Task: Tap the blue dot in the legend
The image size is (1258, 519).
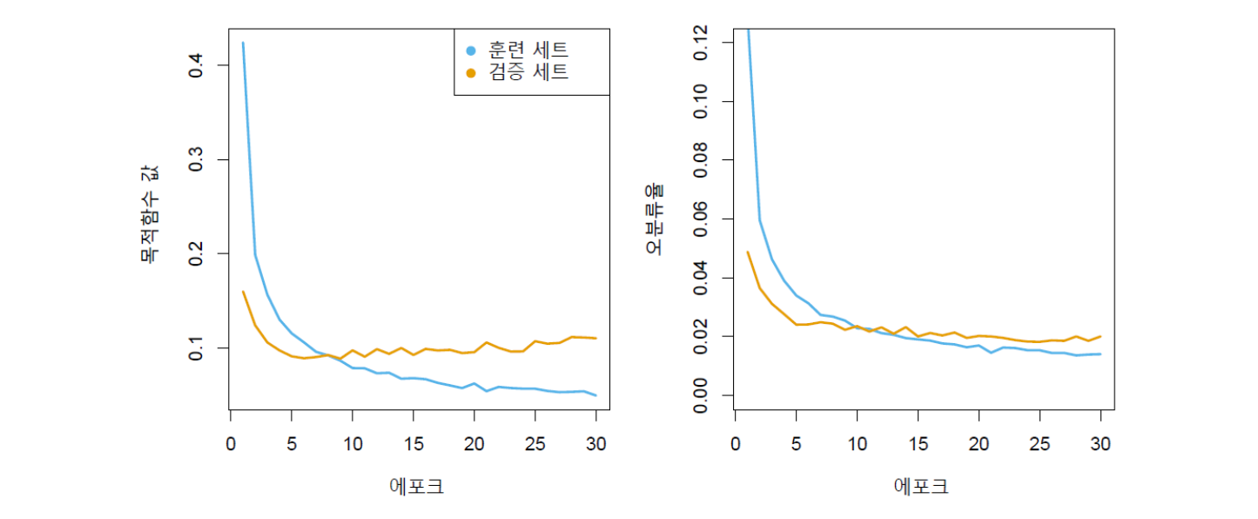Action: pos(471,50)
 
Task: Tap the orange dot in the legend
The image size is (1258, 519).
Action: pos(471,73)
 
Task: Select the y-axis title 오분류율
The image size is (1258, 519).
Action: pos(654,219)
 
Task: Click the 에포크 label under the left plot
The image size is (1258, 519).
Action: pos(417,486)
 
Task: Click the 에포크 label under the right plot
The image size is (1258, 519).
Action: pos(922,486)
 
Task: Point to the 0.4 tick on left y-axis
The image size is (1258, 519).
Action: pos(197,65)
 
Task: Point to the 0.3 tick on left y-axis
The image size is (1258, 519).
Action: pos(197,159)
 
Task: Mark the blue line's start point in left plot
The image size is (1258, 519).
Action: pos(243,43)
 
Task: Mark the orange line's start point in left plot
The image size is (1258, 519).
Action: pos(243,292)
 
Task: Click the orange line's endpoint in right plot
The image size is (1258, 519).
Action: pos(1100,336)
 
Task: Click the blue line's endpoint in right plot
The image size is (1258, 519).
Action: pos(1100,354)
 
